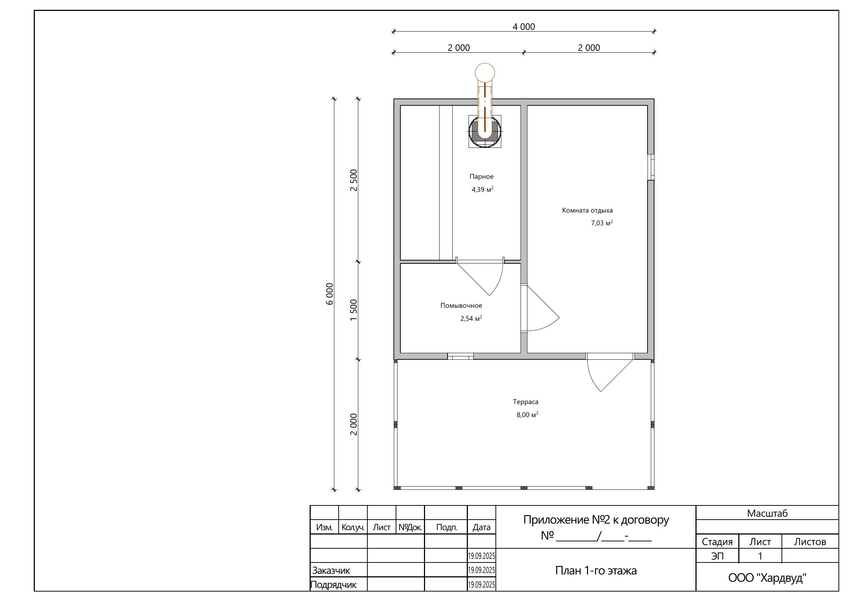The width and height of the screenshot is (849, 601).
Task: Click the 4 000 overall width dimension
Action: point(524,27)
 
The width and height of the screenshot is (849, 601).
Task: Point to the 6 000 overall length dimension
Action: point(330,294)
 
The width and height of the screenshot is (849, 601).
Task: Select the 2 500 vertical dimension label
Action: point(354,180)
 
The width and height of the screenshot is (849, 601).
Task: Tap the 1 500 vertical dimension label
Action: point(354,310)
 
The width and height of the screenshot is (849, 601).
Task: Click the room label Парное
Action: point(481,177)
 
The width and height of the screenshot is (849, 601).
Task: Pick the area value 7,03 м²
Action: point(601,223)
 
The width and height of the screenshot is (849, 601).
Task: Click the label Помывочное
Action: point(461,305)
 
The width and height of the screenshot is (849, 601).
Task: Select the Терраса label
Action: point(526,402)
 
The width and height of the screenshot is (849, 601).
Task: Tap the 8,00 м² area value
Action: point(527,415)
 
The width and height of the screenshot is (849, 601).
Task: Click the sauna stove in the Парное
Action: point(485,132)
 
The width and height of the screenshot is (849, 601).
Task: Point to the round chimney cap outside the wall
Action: point(485,73)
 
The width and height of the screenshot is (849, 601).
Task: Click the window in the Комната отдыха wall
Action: point(651,167)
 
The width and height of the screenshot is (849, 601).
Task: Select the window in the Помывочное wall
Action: point(460,356)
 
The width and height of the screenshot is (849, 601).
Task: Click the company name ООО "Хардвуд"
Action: point(767,578)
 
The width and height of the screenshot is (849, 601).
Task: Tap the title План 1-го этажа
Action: point(596,570)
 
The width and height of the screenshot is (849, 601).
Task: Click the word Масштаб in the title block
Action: point(767,513)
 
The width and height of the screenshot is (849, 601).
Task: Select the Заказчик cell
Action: point(331,570)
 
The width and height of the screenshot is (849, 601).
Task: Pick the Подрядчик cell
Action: point(334,585)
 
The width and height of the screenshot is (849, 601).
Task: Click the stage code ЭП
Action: point(717,556)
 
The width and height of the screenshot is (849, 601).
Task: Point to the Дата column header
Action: point(481,527)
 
